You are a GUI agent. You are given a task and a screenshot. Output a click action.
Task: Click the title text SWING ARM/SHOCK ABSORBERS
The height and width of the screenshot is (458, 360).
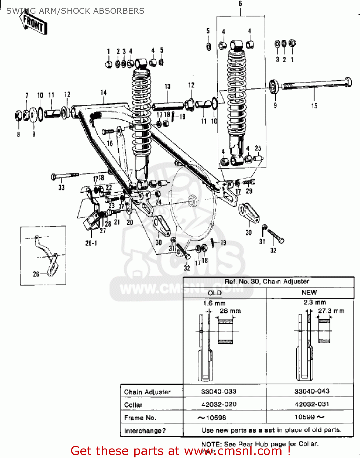tap(75, 11)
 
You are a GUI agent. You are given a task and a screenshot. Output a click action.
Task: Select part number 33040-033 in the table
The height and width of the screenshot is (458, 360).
tap(219, 391)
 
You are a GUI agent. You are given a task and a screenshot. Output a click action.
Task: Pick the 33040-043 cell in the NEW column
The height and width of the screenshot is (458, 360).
tap(312, 391)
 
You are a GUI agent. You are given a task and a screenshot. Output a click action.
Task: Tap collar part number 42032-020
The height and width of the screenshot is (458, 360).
tap(219, 405)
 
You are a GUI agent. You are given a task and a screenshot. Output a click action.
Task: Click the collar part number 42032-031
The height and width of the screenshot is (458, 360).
tap(312, 404)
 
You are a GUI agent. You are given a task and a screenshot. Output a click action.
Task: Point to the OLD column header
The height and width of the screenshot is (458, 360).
tap(215, 293)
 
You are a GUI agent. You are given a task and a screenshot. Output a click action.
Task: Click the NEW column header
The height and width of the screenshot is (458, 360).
tap(309, 293)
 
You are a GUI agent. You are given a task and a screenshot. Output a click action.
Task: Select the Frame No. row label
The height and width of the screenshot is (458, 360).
tap(140, 418)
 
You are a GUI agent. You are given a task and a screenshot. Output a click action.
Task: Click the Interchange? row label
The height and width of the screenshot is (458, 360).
tap(145, 431)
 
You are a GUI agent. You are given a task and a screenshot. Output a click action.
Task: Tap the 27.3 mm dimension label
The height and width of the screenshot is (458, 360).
tap(331, 311)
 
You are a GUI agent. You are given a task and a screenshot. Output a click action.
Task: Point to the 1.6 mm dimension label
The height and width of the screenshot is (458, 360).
tap(214, 303)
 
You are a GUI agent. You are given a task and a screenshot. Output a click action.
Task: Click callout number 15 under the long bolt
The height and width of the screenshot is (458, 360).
tap(314, 106)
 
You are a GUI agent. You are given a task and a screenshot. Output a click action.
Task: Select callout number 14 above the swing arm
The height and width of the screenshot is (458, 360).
tap(104, 93)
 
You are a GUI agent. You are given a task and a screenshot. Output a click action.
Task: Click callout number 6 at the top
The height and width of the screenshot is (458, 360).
tap(240, 4)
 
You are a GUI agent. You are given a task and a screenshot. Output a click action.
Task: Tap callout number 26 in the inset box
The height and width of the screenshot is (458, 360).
tap(36, 274)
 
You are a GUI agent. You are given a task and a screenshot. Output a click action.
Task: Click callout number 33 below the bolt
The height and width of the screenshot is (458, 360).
tap(61, 187)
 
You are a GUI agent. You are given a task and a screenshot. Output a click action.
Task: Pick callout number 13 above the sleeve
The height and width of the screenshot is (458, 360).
tap(168, 86)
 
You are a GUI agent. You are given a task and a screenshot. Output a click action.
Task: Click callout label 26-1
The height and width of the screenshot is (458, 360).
tap(91, 243)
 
